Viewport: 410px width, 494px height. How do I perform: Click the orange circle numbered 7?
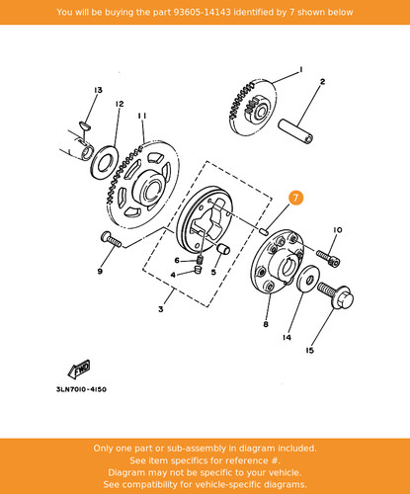(295, 198)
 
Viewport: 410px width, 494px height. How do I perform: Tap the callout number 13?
(98, 90)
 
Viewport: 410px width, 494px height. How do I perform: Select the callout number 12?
(120, 104)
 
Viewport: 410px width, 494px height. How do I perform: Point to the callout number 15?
(309, 351)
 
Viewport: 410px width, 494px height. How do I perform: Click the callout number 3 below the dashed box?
(161, 309)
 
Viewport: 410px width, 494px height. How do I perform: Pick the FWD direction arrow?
(79, 369)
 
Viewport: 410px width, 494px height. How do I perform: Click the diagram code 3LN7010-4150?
(81, 389)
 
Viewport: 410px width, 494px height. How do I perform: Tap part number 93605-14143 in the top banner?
(202, 12)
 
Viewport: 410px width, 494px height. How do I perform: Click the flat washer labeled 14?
(308, 279)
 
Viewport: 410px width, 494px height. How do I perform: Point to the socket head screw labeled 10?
(328, 259)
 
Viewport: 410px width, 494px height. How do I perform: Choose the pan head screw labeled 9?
(111, 239)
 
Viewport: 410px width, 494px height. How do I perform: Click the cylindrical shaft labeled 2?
(295, 130)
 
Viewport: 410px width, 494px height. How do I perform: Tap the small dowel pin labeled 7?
(263, 230)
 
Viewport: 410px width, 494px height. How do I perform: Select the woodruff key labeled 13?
(86, 125)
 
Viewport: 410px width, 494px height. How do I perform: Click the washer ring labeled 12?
(104, 162)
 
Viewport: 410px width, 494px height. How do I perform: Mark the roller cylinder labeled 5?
(223, 249)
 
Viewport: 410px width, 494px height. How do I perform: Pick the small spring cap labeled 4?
(198, 271)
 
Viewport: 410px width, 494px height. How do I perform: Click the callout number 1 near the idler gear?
(300, 70)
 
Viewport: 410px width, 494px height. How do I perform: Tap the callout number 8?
(266, 324)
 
